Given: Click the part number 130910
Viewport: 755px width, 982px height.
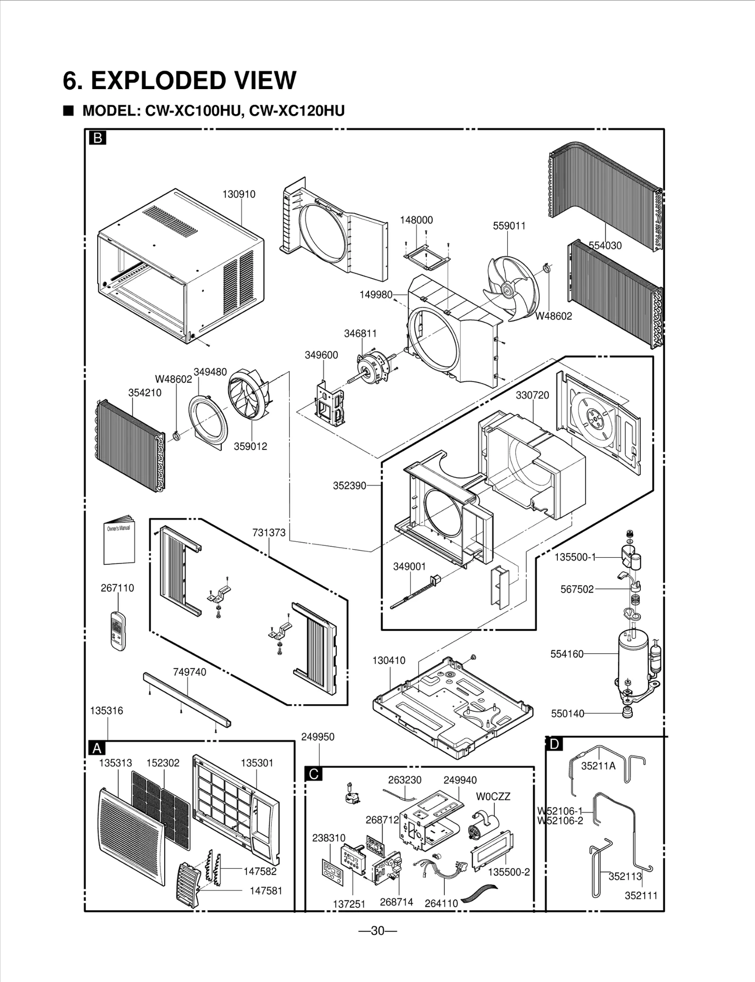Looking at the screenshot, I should coord(239,194).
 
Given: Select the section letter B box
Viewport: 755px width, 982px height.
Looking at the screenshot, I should coord(98,138).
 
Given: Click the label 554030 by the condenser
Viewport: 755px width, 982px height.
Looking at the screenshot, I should coord(605,246).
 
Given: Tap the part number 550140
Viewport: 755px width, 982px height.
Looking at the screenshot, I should coord(568,714).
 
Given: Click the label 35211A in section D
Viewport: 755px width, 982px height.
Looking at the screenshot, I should coord(598,766).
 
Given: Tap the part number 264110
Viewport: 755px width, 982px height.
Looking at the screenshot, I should coord(441,904).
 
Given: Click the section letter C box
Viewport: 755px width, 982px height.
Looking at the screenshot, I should coord(314,774).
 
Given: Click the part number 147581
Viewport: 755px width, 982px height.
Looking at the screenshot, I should coord(266,891).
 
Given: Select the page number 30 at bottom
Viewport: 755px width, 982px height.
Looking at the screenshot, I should coord(377,931).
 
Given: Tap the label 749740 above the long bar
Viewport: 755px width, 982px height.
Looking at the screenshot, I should coord(189,672).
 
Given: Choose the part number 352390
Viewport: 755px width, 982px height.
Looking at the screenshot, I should coord(349,486).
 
